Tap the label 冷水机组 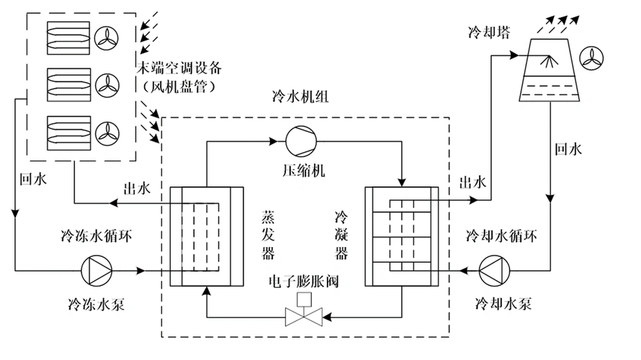click(300, 98)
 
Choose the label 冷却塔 click(484, 33)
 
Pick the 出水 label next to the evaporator click(135, 189)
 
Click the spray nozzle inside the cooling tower click(551, 63)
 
